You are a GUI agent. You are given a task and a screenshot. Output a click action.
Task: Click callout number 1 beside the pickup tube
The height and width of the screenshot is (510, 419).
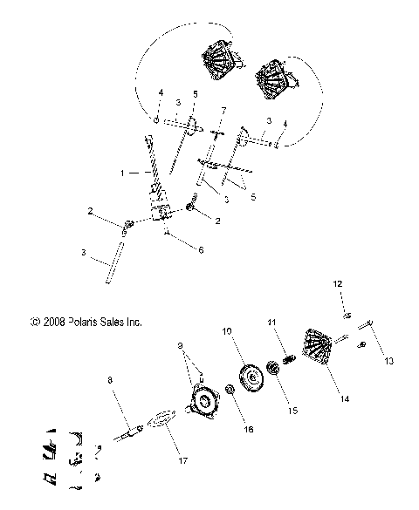pyautogui.click(x=122, y=173)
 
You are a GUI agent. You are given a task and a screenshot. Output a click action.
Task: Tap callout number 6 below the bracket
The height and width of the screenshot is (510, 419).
pyautogui.click(x=201, y=250)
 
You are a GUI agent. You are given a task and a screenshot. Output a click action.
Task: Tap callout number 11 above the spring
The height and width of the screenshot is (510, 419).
pyautogui.click(x=271, y=324)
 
